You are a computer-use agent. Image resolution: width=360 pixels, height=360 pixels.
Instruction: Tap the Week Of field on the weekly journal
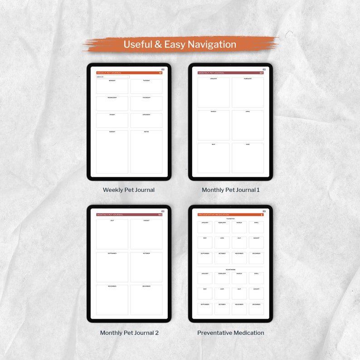click(x=112, y=77)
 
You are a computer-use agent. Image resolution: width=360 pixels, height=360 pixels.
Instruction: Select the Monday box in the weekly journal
click(x=112, y=87)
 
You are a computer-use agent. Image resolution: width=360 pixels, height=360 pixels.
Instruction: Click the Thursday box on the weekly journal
click(x=146, y=103)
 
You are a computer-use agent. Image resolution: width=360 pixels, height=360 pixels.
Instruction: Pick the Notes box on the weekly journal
click(x=146, y=152)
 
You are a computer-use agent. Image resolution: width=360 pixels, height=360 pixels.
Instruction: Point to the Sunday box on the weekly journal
click(x=112, y=152)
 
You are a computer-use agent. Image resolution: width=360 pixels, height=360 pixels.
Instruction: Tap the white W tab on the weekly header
click(x=160, y=73)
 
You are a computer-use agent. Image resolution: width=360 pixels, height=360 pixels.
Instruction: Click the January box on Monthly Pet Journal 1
click(x=214, y=92)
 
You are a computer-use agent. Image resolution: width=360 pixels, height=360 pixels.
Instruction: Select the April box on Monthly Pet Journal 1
click(x=248, y=125)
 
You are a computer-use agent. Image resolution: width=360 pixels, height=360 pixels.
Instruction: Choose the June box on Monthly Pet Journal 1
click(x=248, y=158)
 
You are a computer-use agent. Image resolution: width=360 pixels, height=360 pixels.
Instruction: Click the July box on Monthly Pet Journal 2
click(x=112, y=234)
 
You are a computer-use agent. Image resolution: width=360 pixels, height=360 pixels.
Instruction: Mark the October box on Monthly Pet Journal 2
click(x=146, y=267)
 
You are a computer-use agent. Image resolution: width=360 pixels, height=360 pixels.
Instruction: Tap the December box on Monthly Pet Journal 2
click(x=146, y=300)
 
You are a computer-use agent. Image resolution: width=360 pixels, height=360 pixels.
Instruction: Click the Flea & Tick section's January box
click(x=204, y=227)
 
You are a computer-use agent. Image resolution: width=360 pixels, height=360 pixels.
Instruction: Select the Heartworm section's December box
click(x=256, y=309)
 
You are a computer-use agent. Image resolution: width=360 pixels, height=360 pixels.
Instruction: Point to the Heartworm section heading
click(x=230, y=269)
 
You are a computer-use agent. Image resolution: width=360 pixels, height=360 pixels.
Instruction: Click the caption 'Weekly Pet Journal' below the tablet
click(x=129, y=190)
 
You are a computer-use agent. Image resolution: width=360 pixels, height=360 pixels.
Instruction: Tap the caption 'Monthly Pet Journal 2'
click(x=129, y=333)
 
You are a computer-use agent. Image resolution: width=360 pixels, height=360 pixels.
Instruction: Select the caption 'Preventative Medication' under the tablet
click(x=230, y=333)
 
